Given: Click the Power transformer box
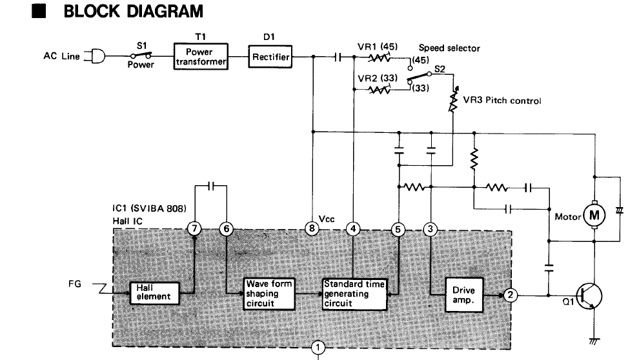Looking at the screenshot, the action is point(201,56).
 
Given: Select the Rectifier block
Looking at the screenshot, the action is point(270,57).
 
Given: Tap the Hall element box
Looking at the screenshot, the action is point(154,293).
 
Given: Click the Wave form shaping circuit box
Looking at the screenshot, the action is point(269,294).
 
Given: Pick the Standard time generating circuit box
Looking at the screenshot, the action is point(354,294).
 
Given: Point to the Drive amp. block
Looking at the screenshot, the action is point(464,295).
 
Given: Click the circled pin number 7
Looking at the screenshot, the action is point(194,228).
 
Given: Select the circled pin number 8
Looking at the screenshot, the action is point(312,228).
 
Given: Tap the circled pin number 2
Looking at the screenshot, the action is point(510,295).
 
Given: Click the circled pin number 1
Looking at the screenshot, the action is point(318,348).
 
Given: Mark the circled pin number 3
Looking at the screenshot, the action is point(431,229).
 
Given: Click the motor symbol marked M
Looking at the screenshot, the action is point(594,215).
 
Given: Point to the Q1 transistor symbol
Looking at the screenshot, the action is point(589,297).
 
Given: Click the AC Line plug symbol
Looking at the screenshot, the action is point(97,56).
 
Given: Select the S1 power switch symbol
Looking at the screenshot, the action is point(141,55).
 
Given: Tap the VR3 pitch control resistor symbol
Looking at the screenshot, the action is point(454,99).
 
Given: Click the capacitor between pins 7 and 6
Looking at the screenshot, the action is point(210,186).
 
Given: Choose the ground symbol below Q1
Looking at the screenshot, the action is point(594,341).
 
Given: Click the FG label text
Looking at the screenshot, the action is point(75,284).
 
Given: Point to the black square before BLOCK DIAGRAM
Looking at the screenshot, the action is point(39,12).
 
